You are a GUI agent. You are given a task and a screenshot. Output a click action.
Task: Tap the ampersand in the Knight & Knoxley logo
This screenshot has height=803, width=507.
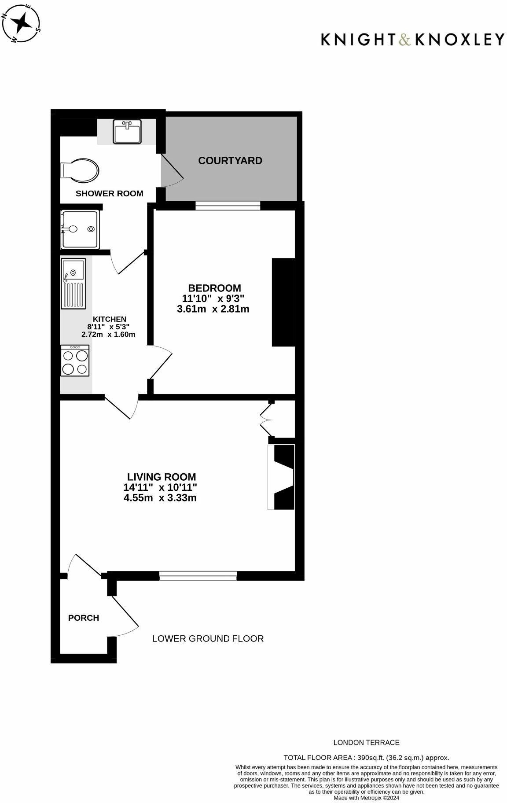tap(405, 40)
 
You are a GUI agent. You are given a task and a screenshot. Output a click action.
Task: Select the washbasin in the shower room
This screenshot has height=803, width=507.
tap(127, 131)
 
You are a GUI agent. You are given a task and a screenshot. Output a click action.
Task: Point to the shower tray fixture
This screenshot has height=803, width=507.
tap(80, 230)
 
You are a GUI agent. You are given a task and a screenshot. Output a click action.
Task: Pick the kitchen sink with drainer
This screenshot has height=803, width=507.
tap(73, 284)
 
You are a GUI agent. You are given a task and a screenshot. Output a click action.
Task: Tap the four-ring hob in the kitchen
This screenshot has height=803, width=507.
tap(75, 361)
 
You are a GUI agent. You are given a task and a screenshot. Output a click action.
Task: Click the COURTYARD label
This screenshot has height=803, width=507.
tap(230, 161)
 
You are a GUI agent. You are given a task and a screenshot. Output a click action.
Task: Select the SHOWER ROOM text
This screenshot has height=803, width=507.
tap(110, 193)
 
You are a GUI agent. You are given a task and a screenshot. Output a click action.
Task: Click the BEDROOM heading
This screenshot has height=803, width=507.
tap(214, 288)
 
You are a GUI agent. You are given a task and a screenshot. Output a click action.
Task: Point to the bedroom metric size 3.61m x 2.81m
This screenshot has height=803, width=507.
tap(213, 309)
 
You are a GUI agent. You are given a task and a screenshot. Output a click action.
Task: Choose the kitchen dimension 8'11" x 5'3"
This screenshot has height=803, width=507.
tap(108, 327)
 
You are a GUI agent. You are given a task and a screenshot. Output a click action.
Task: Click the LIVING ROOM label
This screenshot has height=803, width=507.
tap(162, 477)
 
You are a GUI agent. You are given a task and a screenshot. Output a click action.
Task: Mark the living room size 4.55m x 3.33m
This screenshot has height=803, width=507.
tap(160, 498)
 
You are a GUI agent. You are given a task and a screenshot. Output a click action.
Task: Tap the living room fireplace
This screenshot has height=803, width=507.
tap(282, 477)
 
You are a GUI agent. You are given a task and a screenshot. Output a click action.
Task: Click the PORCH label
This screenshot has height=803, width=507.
tap(84, 618)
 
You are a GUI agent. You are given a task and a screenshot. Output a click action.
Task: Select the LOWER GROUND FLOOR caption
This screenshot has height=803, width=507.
tap(208, 638)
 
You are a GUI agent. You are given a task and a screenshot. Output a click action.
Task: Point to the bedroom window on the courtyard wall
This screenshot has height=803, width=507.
tap(228, 206)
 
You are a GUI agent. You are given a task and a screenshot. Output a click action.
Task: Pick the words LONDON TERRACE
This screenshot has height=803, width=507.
tap(366, 743)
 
